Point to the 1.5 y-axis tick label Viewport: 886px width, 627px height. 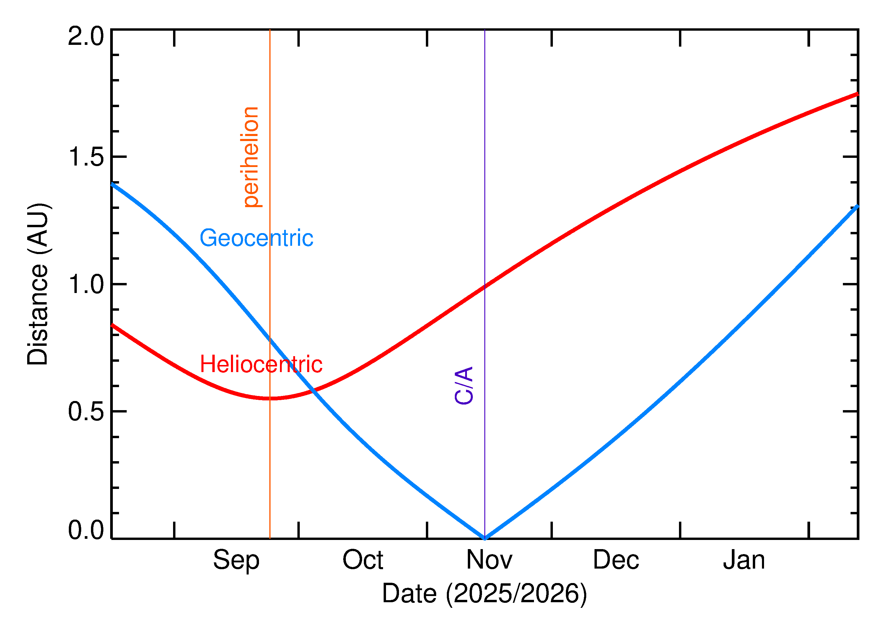tap(86, 157)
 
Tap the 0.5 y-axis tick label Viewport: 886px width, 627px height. tap(86, 412)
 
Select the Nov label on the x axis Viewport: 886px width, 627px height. tap(489, 560)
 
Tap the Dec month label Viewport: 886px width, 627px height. tap(616, 560)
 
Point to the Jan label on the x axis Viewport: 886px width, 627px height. tap(744, 560)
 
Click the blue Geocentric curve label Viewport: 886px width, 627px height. tap(256, 238)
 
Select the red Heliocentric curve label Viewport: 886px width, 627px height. tap(261, 364)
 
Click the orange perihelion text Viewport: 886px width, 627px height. tap(251, 157)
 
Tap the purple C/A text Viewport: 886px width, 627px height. tap(464, 385)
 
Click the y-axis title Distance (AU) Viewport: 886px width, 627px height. tap(38, 284)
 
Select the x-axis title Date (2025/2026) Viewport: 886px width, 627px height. tap(484, 593)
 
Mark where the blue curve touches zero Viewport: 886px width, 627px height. tap(485, 538)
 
